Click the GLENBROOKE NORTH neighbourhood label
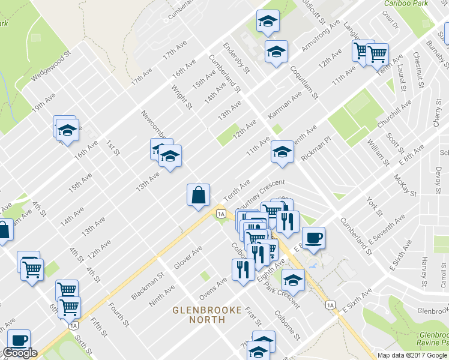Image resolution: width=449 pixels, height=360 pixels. (x=207, y=314)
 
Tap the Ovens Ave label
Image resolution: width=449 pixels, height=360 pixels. (x=213, y=287)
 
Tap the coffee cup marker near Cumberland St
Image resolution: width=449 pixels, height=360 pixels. (x=313, y=238)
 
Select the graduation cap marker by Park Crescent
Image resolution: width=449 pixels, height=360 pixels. (x=293, y=280)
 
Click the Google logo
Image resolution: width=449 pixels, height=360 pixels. (x=20, y=353)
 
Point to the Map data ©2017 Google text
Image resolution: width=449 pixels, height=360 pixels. (x=412, y=355)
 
